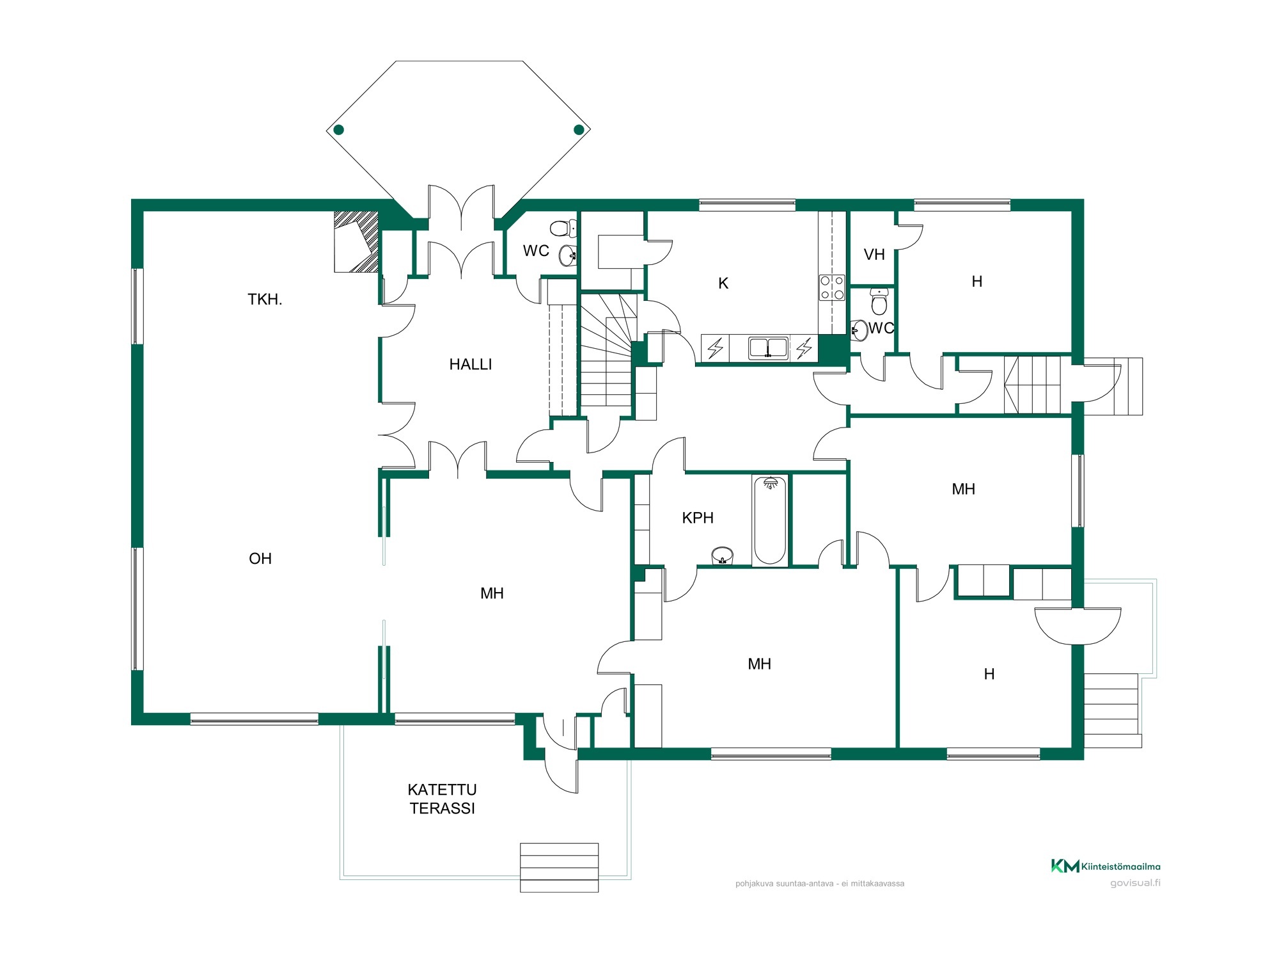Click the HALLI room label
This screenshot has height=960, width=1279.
click(471, 364)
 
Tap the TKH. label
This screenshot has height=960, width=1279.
click(265, 299)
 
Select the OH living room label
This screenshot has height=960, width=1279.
click(260, 559)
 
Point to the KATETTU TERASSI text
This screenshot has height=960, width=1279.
click(443, 799)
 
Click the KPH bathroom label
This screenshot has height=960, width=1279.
click(698, 518)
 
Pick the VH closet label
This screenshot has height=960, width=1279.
click(874, 255)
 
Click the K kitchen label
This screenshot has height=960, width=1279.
click(723, 284)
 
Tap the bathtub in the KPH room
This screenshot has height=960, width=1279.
click(770, 521)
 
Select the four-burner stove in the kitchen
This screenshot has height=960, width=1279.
click(832, 287)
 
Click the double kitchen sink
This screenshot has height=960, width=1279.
click(768, 348)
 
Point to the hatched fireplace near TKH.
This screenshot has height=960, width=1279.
click(356, 242)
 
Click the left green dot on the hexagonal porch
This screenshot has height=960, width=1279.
click(339, 130)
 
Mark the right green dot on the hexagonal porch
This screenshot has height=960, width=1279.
click(579, 130)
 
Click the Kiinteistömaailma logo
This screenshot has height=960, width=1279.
click(1106, 866)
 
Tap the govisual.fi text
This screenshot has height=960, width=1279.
click(1135, 883)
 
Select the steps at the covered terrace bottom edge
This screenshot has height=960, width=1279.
click(559, 867)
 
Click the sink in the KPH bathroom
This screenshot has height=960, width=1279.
click(723, 556)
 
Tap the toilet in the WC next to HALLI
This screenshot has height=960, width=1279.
click(563, 228)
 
